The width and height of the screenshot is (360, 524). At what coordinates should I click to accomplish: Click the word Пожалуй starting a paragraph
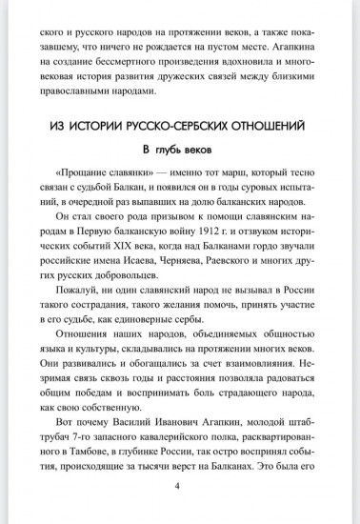(x=80, y=325)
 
